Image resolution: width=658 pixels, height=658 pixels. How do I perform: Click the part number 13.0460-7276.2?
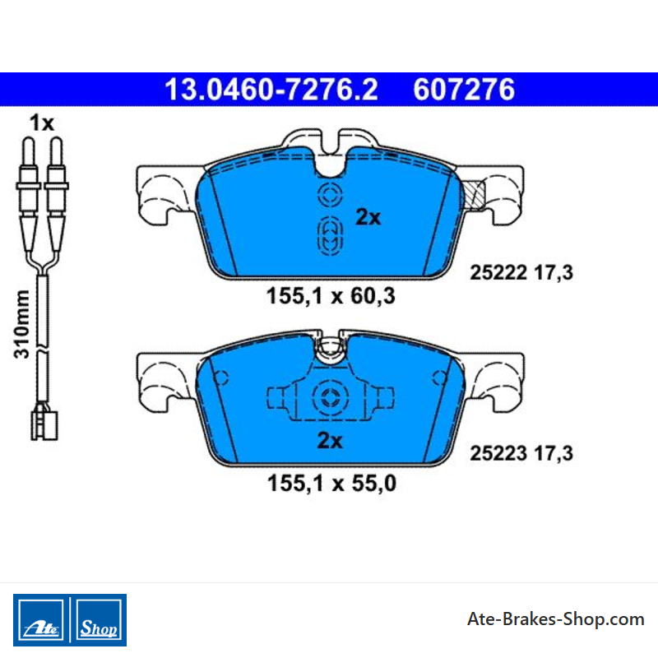(271, 90)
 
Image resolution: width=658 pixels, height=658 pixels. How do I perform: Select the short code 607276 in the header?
(464, 90)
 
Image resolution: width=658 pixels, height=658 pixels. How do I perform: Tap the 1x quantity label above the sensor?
(42, 123)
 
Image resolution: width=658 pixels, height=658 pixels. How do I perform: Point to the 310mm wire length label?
(22, 324)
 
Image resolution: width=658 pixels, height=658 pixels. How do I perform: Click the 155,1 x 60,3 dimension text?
(331, 296)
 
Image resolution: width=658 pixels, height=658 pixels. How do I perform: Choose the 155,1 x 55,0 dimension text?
(331, 483)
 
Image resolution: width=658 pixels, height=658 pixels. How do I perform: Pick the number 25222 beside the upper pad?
(498, 272)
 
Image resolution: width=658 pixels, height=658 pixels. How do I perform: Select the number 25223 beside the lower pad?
(498, 453)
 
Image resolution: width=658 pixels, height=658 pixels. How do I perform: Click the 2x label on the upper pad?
(368, 217)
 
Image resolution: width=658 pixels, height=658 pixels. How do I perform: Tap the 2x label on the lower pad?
(330, 440)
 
